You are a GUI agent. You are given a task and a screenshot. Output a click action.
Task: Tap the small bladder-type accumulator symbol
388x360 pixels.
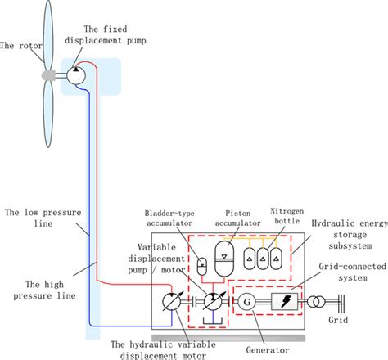coord(202,264)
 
